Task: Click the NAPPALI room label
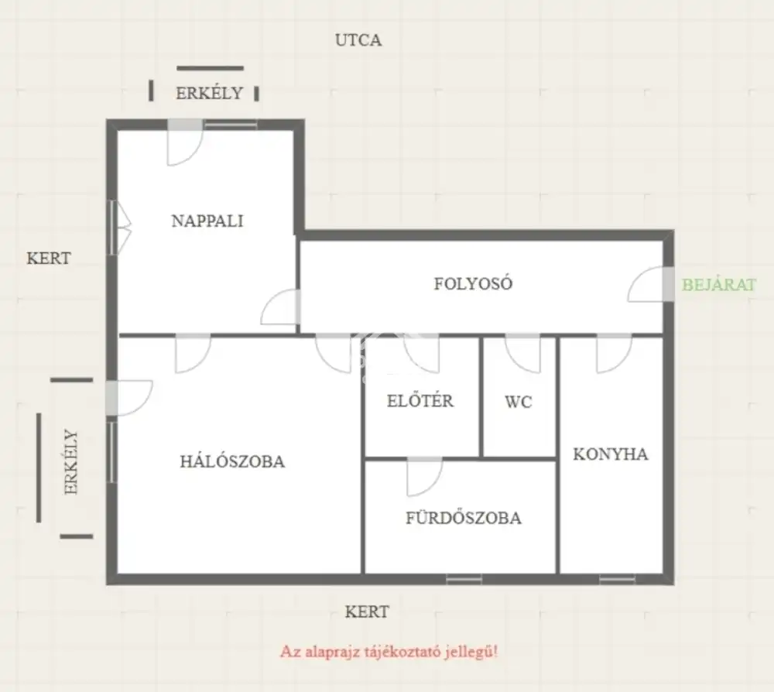(207, 221)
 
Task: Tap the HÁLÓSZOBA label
(232, 461)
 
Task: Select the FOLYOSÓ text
(473, 283)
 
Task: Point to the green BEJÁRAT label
(719, 285)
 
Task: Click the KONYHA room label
(611, 454)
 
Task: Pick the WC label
(519, 402)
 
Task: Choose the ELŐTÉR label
(420, 400)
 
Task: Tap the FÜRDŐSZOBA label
(464, 518)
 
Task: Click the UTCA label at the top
(358, 40)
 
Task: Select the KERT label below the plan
(367, 612)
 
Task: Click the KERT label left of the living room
(48, 258)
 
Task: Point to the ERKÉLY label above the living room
(209, 92)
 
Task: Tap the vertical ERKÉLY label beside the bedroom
(71, 462)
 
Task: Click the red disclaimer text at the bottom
(389, 652)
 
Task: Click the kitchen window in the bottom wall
(617, 579)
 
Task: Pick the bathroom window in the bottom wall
(464, 579)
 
